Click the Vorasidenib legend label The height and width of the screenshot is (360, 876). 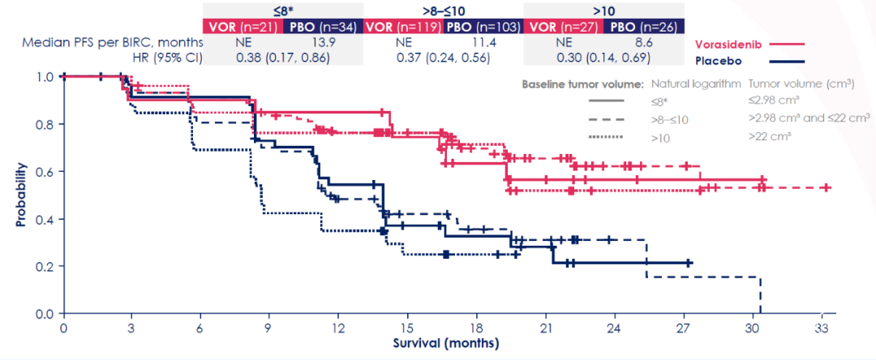coord(729,45)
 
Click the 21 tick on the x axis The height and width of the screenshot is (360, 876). coord(545,328)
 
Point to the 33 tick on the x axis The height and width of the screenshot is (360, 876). coord(821,328)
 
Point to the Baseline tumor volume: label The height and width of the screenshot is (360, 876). coord(583,84)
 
